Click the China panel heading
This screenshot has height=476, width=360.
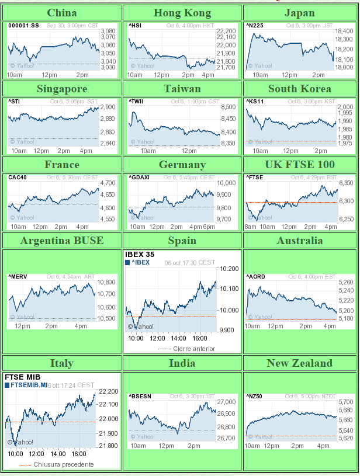click(x=61, y=13)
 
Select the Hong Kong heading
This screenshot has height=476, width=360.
click(x=182, y=13)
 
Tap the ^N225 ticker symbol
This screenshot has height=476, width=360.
click(x=254, y=26)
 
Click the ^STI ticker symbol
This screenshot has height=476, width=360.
click(x=15, y=102)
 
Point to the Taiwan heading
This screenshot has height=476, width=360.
click(x=182, y=89)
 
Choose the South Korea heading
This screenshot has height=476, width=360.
click(x=299, y=89)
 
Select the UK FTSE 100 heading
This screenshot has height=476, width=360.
click(x=299, y=165)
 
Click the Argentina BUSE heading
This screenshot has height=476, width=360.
click(x=61, y=241)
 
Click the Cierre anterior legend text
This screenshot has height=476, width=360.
click(x=195, y=349)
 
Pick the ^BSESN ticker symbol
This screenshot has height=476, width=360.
click(x=140, y=397)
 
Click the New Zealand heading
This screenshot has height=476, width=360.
click(x=299, y=363)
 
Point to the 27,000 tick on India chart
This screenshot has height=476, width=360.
click(x=226, y=402)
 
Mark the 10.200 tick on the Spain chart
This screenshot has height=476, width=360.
click(x=230, y=269)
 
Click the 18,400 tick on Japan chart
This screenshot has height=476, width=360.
click(x=344, y=31)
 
